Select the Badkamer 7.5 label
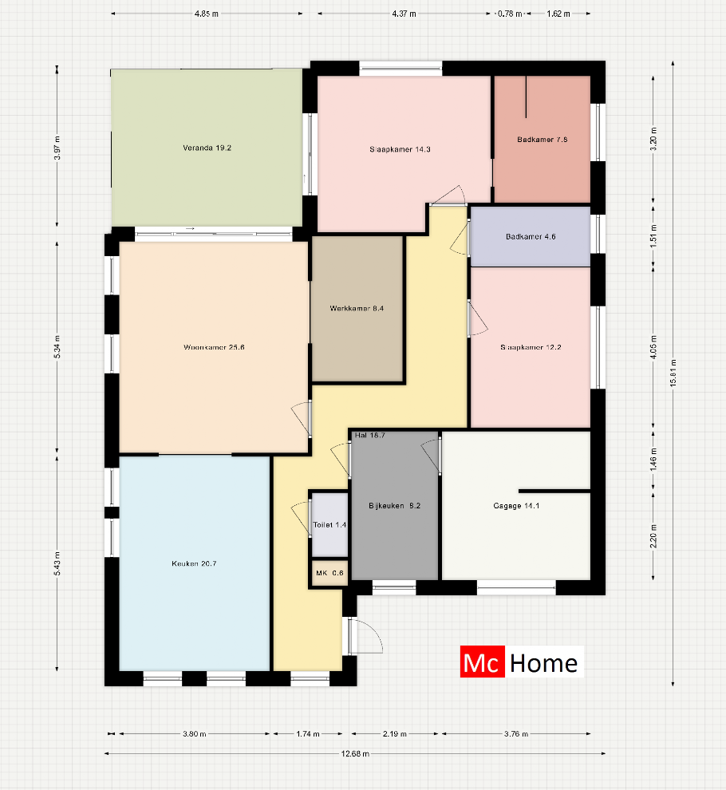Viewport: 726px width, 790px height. (x=542, y=140)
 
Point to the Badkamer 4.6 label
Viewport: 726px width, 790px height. (x=531, y=237)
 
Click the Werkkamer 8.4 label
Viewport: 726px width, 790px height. (x=357, y=308)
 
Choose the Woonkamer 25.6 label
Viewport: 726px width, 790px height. (x=213, y=347)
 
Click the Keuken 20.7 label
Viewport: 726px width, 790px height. (x=194, y=563)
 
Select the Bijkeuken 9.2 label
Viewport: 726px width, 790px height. (x=394, y=505)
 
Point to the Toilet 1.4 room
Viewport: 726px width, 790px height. (x=329, y=525)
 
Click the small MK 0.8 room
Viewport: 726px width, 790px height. (x=329, y=573)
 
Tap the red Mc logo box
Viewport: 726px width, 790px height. (x=483, y=662)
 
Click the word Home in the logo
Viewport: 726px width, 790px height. (x=543, y=662)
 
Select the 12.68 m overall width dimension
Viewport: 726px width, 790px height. (x=354, y=752)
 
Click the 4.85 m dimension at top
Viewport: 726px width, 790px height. (x=207, y=14)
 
